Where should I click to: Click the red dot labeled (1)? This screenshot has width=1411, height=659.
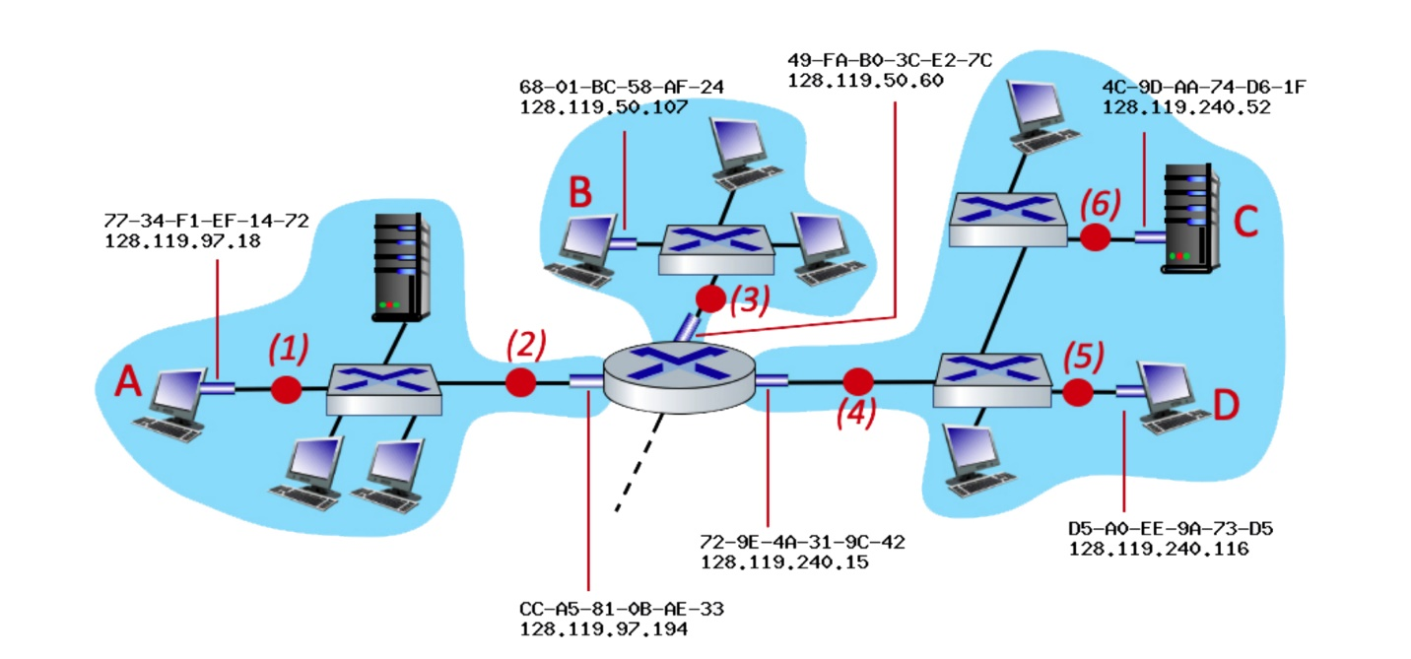click(286, 389)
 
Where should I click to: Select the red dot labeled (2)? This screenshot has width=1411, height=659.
click(520, 382)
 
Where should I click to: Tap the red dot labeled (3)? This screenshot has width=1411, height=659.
click(709, 297)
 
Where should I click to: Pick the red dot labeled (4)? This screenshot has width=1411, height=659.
click(859, 380)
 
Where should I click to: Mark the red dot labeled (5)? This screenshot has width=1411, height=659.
click(1079, 391)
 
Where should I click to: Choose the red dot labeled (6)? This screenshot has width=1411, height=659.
click(1095, 237)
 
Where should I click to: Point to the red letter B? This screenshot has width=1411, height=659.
click(580, 192)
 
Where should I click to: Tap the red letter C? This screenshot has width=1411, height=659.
click(1245, 223)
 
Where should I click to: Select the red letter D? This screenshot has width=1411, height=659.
click(1226, 404)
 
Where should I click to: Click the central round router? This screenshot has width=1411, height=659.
click(681, 374)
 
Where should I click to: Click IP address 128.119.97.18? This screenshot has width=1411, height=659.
click(182, 241)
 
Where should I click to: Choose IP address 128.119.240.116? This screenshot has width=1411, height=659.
click(1158, 549)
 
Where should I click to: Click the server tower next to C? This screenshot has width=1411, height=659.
click(1188, 218)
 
